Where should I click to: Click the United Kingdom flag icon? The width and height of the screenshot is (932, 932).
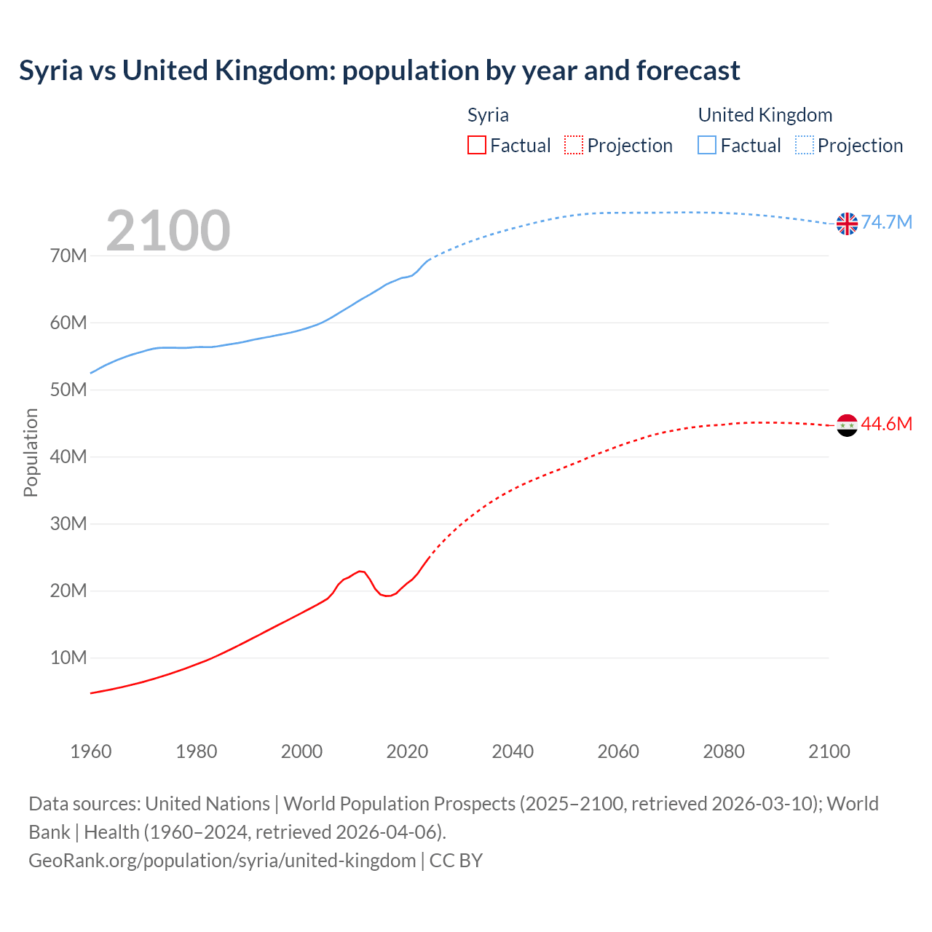847,224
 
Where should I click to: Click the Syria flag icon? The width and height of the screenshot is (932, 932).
847,424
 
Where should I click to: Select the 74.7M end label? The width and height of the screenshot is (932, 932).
886,222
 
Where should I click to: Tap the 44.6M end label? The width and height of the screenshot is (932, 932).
886,424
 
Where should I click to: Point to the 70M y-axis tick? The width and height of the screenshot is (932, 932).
68,256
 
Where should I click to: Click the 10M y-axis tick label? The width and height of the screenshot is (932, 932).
68,657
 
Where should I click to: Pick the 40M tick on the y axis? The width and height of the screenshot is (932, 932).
68,457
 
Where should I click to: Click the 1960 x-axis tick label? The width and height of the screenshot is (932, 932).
91,751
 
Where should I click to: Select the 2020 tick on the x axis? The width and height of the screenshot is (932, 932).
407,751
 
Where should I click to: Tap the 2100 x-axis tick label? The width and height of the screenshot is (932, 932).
829,751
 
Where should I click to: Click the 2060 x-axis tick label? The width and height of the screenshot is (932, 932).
618,751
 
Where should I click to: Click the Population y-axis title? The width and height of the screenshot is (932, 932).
31,452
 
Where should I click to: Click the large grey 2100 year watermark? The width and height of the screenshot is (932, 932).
168,231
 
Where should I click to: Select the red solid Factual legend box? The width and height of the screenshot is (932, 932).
476,145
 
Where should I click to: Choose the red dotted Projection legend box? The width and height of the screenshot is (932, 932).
574,145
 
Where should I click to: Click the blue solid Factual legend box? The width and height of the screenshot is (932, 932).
707,145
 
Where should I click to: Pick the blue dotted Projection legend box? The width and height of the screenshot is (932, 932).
805,145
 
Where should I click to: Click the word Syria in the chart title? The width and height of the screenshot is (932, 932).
51,71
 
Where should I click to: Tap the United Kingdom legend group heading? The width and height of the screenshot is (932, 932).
765,115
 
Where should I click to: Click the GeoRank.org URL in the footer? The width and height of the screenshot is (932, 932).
222,860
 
